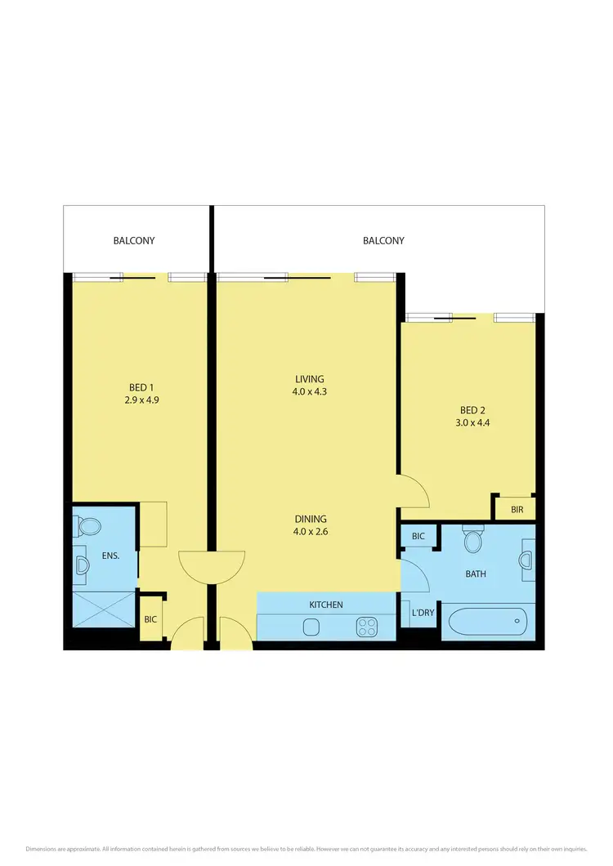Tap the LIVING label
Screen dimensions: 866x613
(x=310, y=379)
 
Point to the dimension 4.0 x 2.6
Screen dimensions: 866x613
(x=310, y=532)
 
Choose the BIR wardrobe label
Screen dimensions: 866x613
(x=517, y=510)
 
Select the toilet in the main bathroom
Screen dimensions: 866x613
(x=472, y=541)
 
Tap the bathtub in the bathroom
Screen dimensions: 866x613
(x=489, y=623)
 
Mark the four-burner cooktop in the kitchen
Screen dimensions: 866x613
(x=367, y=627)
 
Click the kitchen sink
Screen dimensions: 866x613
(x=311, y=627)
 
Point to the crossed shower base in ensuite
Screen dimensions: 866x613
(x=104, y=609)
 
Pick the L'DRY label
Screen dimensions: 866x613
(x=423, y=613)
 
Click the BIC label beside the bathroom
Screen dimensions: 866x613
(x=418, y=537)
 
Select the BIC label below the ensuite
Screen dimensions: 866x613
(x=150, y=619)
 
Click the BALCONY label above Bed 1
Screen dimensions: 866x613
(x=134, y=241)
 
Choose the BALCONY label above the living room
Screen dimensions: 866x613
(x=383, y=241)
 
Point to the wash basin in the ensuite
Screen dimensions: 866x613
(x=81, y=565)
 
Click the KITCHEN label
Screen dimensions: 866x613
(x=326, y=605)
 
